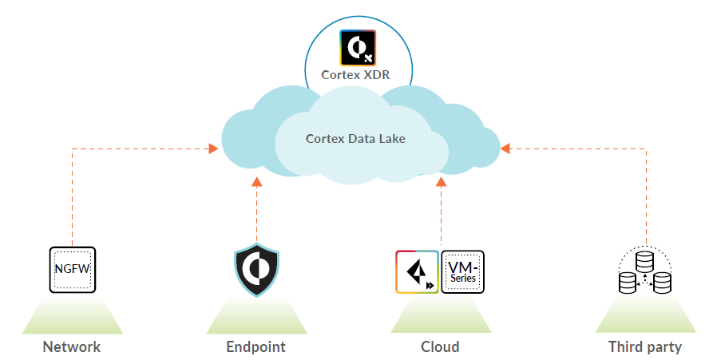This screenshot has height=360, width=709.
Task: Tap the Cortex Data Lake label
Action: pos(355,139)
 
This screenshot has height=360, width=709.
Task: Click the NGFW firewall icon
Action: pos(72,269)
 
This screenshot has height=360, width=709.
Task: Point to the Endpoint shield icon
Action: pos(256,269)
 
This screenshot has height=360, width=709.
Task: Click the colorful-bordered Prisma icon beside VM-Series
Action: pos(417,271)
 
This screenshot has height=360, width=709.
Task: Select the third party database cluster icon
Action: pos(645,271)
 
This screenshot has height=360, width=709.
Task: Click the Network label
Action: pos(72,346)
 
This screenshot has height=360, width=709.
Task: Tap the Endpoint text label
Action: pos(255,346)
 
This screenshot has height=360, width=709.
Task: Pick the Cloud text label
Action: pos(440,346)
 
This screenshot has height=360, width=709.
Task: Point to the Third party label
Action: pos(645,346)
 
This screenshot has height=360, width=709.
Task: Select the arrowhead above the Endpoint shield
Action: pos(256,182)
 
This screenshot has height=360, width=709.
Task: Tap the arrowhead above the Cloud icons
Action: pos(441,182)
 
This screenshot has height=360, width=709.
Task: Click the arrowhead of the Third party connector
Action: pos(505,148)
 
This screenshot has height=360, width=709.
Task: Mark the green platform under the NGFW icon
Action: pos(72,316)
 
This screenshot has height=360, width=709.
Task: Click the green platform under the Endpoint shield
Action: pos(256,316)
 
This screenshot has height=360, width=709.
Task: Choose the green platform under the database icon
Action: pos(645,316)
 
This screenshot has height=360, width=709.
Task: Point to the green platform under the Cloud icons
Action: pos(440,316)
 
